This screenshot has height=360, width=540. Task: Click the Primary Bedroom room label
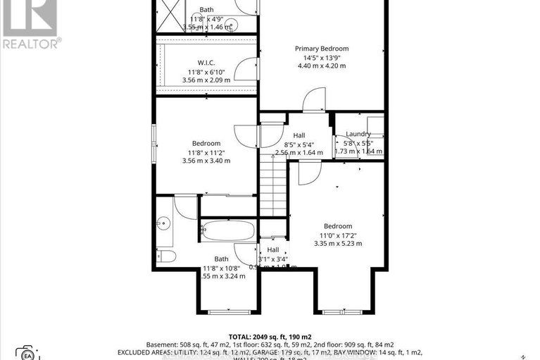click(321, 49)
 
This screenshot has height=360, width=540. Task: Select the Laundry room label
click(358, 134)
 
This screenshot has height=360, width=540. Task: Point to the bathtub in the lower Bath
click(228, 230)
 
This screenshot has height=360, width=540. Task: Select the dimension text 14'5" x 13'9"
click(321, 57)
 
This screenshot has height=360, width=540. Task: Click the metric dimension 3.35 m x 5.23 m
click(338, 244)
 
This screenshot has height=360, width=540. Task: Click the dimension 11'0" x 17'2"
click(338, 235)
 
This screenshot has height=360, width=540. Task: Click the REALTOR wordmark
click(31, 42)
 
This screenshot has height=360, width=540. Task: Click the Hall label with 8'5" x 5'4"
click(299, 135)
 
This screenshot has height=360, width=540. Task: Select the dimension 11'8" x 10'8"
click(220, 268)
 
